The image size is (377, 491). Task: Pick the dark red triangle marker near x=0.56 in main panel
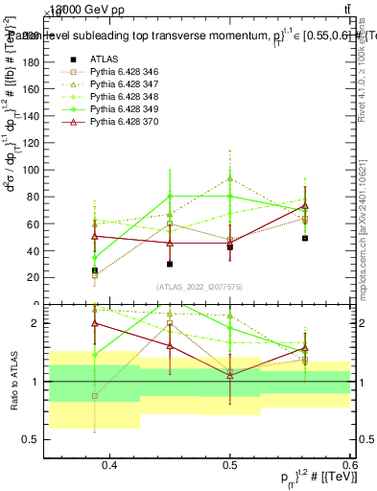[x=304, y=206]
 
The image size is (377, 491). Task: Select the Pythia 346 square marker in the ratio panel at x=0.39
[x=95, y=395]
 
